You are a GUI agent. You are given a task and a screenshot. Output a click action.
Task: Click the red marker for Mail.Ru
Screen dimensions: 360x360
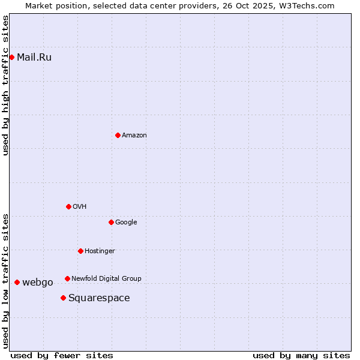[x=11, y=57]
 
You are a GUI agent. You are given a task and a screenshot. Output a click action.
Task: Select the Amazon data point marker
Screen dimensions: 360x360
[x=118, y=135]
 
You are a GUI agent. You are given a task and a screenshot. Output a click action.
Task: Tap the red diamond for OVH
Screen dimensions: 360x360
[x=68, y=206]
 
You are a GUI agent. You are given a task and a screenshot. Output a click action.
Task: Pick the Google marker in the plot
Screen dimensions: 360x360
[x=111, y=222]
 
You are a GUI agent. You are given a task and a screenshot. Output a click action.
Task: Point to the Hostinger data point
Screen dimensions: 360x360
[x=80, y=251]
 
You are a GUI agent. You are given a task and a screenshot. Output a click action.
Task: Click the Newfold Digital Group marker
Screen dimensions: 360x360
[x=67, y=278]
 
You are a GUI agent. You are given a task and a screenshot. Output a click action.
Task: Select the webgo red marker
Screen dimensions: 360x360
[x=17, y=282]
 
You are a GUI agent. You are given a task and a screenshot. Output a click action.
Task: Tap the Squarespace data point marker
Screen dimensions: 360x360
[x=63, y=298]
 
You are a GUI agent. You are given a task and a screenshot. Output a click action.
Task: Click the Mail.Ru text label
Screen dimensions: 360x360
[x=34, y=58]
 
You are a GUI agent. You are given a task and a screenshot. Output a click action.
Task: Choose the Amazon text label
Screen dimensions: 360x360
[x=134, y=136]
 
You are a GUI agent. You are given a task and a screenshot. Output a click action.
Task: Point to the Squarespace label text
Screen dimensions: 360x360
[x=99, y=298]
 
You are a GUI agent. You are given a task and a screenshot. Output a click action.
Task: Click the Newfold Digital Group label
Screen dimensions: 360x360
[x=106, y=278]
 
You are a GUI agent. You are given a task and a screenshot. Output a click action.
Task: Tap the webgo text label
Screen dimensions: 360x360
[x=38, y=283]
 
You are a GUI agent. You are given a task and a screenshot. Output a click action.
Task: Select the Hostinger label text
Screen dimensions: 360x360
[x=100, y=251]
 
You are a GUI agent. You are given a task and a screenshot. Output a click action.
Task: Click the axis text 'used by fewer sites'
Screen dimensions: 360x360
[x=62, y=355]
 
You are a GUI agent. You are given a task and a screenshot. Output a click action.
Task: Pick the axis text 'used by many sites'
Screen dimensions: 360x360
[x=301, y=355]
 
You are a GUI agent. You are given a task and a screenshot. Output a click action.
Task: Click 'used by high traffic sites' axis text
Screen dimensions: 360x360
[x=6, y=85]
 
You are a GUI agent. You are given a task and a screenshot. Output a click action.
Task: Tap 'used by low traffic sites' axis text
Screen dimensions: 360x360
[x=6, y=280]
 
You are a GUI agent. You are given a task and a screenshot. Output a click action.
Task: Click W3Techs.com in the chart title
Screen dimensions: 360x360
[x=308, y=5]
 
